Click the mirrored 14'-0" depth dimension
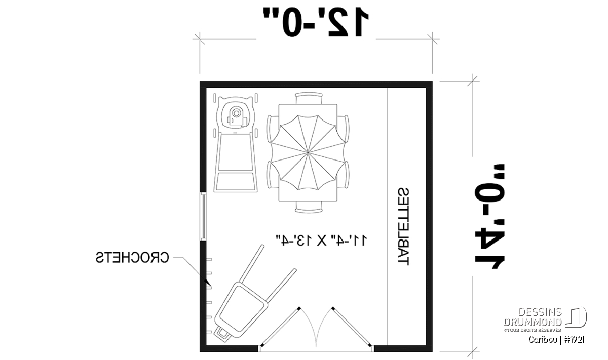tap(489, 217)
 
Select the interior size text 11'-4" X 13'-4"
tap(321, 241)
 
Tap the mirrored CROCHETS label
tap(132, 257)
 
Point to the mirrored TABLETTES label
tap(403, 227)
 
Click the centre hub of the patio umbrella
tap(308, 153)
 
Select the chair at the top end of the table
tap(309, 98)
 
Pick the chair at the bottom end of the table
tap(309, 207)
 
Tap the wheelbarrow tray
tap(242, 307)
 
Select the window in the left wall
tap(203, 216)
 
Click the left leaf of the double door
tap(280, 327)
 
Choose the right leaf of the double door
tap(352, 327)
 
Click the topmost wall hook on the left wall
tap(209, 260)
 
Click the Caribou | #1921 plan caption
tap(557, 340)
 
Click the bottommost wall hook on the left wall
tap(209, 332)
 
